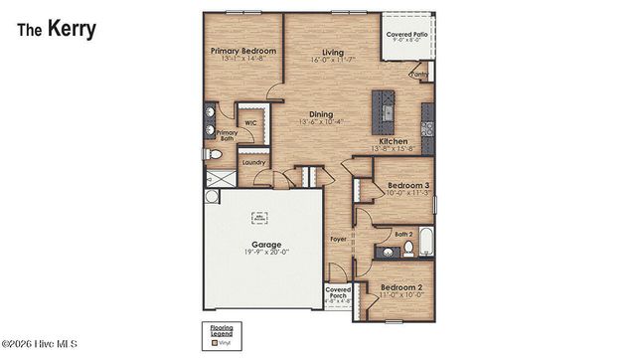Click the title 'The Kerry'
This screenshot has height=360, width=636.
[x=57, y=29]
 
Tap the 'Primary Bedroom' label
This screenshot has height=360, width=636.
[x=242, y=50]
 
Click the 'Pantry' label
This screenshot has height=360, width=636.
[x=418, y=74]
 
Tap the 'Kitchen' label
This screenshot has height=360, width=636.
[x=396, y=141]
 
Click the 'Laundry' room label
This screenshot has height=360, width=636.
[x=253, y=161]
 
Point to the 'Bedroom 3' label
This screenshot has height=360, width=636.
[x=408, y=185]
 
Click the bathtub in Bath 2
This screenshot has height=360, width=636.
[x=425, y=243]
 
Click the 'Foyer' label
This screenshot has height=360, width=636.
[x=338, y=239]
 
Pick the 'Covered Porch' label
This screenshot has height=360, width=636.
[x=338, y=291]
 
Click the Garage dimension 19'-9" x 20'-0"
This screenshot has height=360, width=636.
[x=264, y=254]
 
